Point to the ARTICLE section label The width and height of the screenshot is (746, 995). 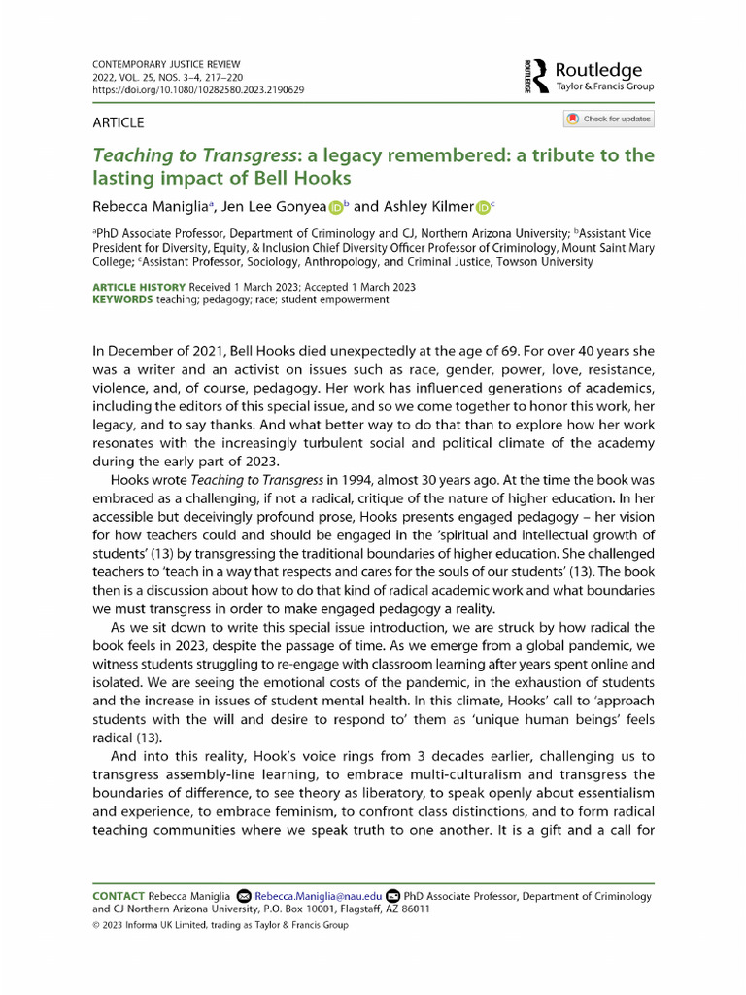point(118,122)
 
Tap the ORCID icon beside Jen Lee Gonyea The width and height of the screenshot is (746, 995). point(336,206)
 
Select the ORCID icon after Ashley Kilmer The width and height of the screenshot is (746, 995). point(483,206)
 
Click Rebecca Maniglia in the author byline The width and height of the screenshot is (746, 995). point(149,206)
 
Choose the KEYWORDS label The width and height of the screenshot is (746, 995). point(122,300)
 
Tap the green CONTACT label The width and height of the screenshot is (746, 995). point(118,895)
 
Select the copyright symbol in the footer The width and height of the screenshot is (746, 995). point(95,925)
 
